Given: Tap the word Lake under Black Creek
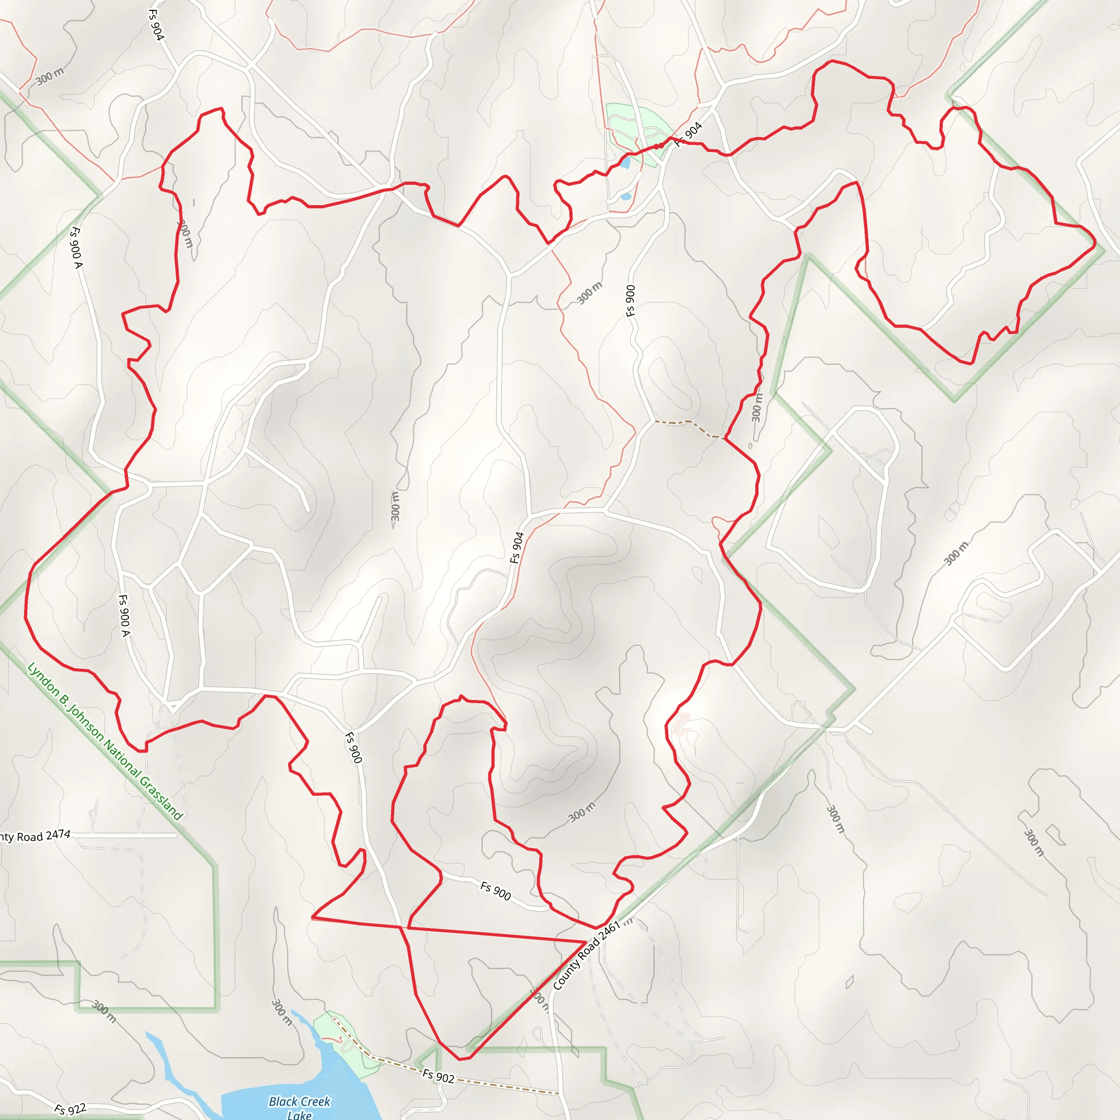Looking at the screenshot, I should pos(299,1114).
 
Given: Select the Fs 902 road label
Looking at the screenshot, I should pos(437,1076).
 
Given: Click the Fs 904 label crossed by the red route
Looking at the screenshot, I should pos(689,134).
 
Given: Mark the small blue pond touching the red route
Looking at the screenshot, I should pos(625,164).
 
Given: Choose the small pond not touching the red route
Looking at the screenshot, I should pos(626,196).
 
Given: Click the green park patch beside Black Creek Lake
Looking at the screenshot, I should pos(342,1043).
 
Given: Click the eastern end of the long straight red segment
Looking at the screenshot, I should pos(586,942).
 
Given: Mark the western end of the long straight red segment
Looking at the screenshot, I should pos(312,918).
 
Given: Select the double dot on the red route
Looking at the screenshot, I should pos(659,146).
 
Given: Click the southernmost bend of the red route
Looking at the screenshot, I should pos(461,1059).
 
